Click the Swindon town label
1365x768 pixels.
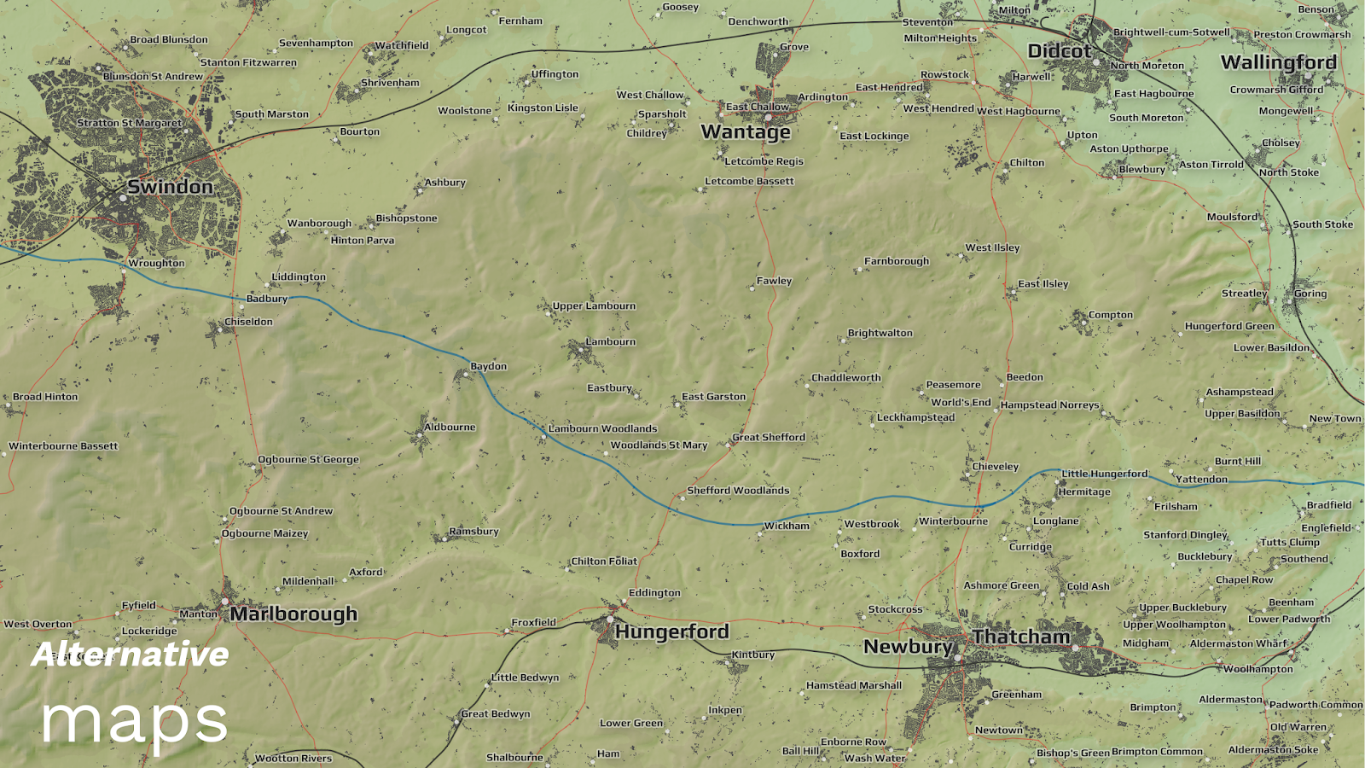point(170,187)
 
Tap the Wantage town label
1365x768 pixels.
point(746,132)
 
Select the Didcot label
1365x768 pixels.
point(1059,51)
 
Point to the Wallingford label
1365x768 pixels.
point(1278,62)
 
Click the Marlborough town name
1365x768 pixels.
point(293,614)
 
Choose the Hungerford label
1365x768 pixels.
point(671,632)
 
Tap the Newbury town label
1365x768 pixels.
point(907,647)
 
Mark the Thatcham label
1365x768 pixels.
point(1020,637)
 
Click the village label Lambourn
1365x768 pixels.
point(610,342)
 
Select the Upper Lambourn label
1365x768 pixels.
point(593,306)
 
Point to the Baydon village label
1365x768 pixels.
point(488,367)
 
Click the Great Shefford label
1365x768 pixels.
point(768,438)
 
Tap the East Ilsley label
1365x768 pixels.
point(1043,284)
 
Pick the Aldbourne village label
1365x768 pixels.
point(450,428)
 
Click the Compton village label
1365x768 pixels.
point(1110,315)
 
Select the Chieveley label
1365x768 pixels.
point(995,467)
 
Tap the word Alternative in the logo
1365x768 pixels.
point(130,655)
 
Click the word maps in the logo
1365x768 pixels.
point(135,722)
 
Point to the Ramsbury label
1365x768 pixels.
point(473,532)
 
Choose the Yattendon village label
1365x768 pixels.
point(1201,480)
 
